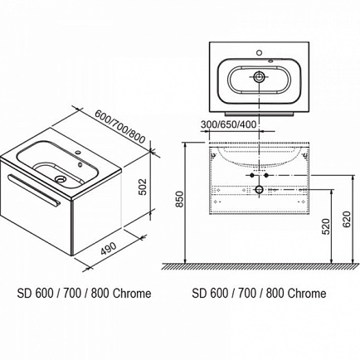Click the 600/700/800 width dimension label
[119, 127]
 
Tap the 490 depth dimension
[109, 248]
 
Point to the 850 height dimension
[180, 198]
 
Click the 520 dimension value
[327, 226]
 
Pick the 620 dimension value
[347, 219]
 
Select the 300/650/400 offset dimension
[228, 124]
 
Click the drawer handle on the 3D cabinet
[34, 190]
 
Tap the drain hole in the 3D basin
[60, 179]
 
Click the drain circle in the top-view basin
[259, 77]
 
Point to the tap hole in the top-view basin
[259, 52]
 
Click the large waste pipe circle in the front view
[259, 190]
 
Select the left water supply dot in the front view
[252, 176]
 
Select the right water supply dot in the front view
[266, 176]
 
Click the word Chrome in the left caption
[132, 294]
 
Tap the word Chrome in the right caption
[307, 294]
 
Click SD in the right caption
[199, 294]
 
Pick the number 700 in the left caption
[72, 294]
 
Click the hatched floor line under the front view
[259, 266]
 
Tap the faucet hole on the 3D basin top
[79, 152]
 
